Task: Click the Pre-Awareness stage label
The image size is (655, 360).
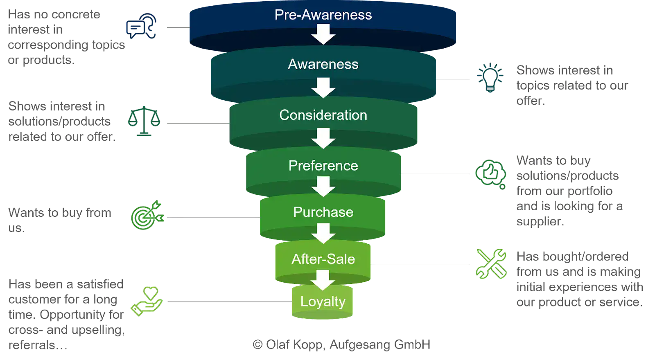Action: [x=323, y=15]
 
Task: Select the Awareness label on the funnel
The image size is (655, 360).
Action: [x=323, y=64]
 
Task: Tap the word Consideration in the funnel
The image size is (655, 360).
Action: [x=323, y=115]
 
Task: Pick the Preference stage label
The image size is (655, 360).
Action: [x=323, y=166]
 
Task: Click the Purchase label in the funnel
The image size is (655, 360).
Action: [x=323, y=212]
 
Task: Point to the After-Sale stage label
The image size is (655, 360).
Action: [x=323, y=259]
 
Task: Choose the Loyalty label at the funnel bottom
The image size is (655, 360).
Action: [x=323, y=301]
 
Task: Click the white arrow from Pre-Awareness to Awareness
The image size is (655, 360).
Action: [x=323, y=34]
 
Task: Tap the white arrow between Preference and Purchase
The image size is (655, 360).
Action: [x=323, y=187]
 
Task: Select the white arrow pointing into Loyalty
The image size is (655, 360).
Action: [x=323, y=280]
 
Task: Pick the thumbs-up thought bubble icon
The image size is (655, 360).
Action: [x=490, y=174]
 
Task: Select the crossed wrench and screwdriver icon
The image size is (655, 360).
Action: [x=491, y=264]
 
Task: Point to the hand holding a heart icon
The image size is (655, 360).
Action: [x=147, y=301]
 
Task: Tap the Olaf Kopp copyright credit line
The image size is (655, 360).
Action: [x=342, y=344]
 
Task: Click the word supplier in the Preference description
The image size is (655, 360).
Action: [x=540, y=221]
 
